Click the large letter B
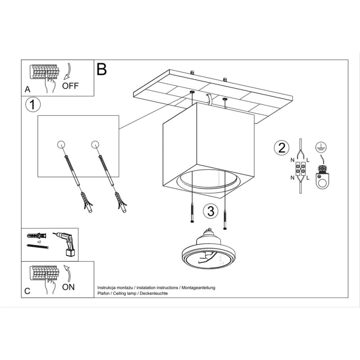[x=102, y=70]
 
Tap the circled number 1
[x=33, y=105]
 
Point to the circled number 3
[x=211, y=211]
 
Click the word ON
[x=68, y=287]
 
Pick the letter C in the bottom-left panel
[x=27, y=291]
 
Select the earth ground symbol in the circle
[x=319, y=146]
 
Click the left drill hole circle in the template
[x=61, y=144]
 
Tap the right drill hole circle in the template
[x=95, y=144]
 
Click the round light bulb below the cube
[x=206, y=253]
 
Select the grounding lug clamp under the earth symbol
[x=321, y=177]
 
